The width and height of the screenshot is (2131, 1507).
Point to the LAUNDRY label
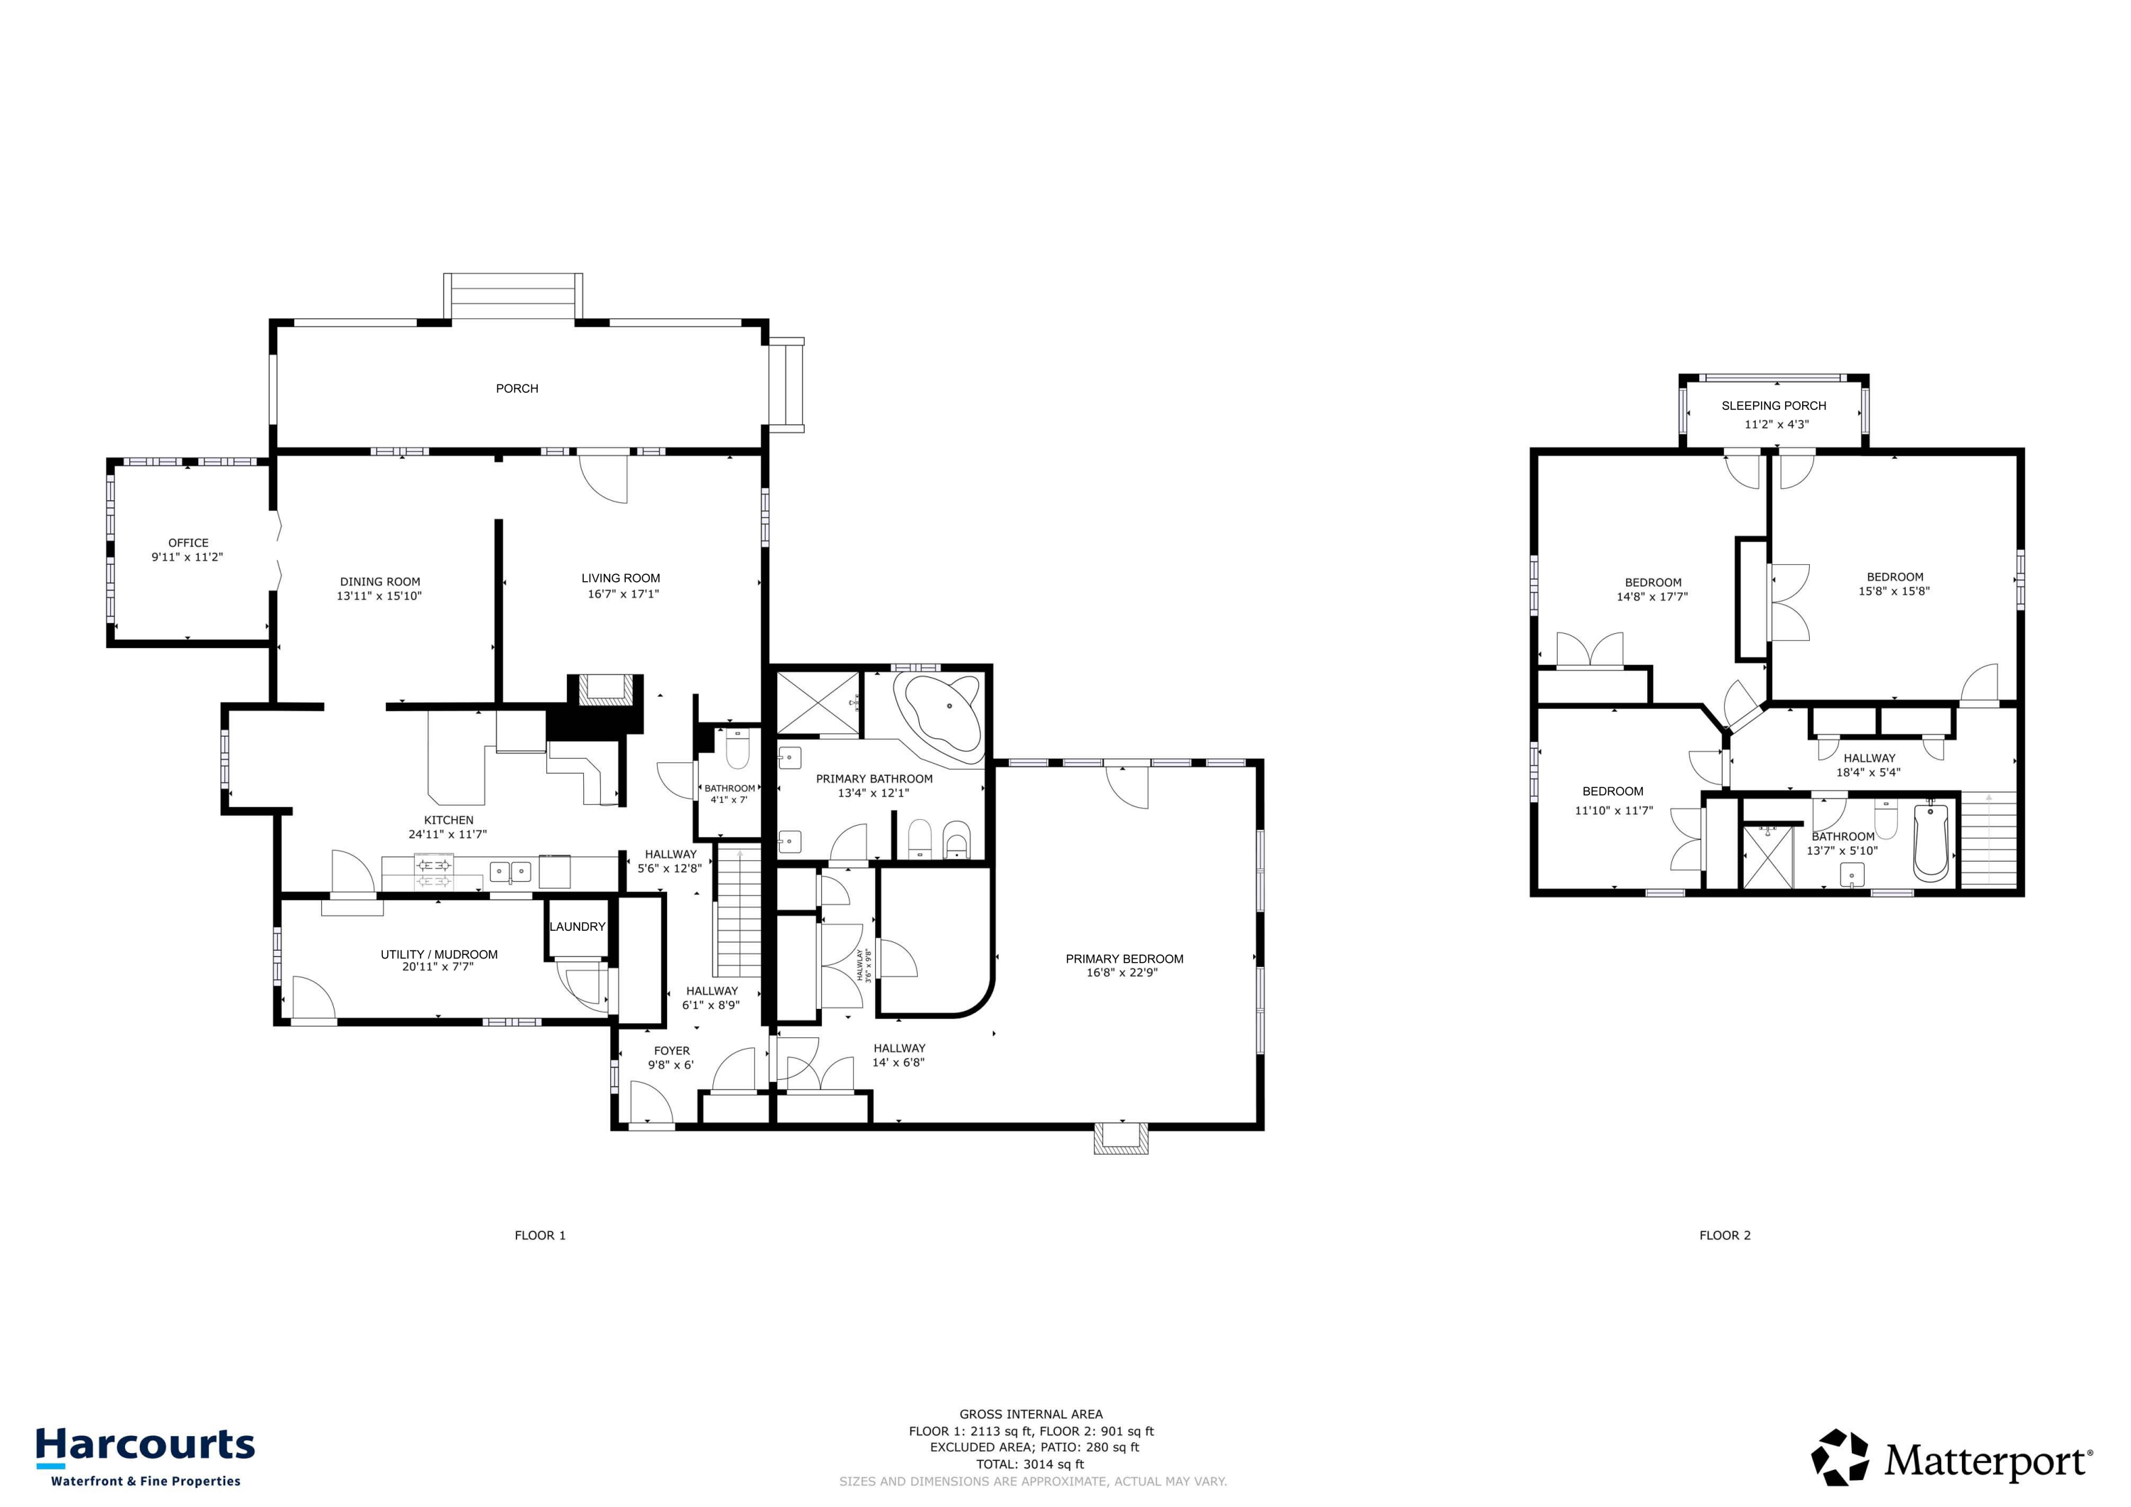(x=578, y=927)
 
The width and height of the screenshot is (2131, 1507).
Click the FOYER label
(x=671, y=1051)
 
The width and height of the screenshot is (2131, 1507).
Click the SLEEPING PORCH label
(x=1774, y=406)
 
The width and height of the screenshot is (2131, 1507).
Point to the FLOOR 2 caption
(x=1725, y=1235)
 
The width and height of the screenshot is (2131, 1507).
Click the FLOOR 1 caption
(x=540, y=1235)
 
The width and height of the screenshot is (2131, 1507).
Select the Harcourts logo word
(x=146, y=1446)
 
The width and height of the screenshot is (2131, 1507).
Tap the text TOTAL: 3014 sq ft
(x=1030, y=1464)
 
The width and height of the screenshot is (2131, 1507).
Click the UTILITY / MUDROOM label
(x=439, y=954)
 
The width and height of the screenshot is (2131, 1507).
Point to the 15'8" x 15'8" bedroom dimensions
(x=1894, y=591)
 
